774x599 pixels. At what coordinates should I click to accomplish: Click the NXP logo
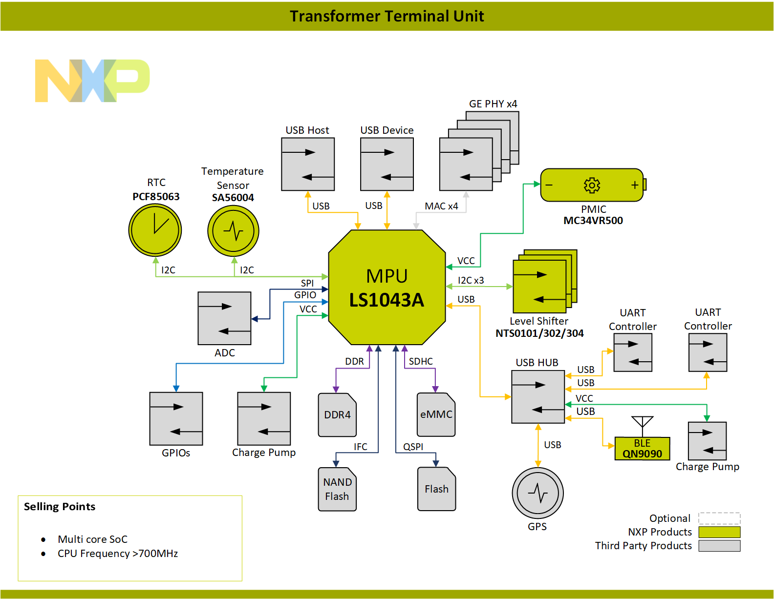click(x=92, y=81)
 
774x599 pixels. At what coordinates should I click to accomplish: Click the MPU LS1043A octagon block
click(x=387, y=288)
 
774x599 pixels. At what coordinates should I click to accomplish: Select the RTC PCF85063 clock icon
click(x=155, y=230)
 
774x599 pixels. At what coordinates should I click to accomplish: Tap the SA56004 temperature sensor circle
click(x=233, y=231)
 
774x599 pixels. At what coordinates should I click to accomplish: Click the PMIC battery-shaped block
click(x=592, y=185)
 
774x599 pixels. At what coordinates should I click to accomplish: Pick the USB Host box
click(x=308, y=164)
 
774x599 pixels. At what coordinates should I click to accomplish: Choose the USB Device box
click(x=387, y=164)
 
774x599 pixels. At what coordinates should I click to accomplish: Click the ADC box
click(x=224, y=318)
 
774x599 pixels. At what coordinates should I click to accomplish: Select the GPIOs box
click(x=176, y=418)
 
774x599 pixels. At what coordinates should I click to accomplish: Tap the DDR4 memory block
click(x=337, y=415)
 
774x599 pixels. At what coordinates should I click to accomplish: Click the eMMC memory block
click(x=436, y=414)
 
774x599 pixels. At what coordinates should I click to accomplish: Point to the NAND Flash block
click(x=337, y=489)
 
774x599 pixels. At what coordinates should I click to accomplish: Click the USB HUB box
click(x=537, y=396)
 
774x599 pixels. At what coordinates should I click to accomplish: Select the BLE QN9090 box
click(x=642, y=449)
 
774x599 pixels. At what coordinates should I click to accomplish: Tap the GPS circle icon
click(x=537, y=493)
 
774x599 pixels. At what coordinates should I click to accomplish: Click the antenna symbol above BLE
click(x=642, y=423)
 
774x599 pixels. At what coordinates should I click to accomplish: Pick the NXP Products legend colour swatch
click(x=719, y=532)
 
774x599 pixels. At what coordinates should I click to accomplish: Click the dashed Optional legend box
click(x=719, y=518)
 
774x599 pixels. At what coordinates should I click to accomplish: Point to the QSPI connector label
click(x=413, y=447)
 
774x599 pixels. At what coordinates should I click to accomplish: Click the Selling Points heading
click(x=60, y=507)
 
